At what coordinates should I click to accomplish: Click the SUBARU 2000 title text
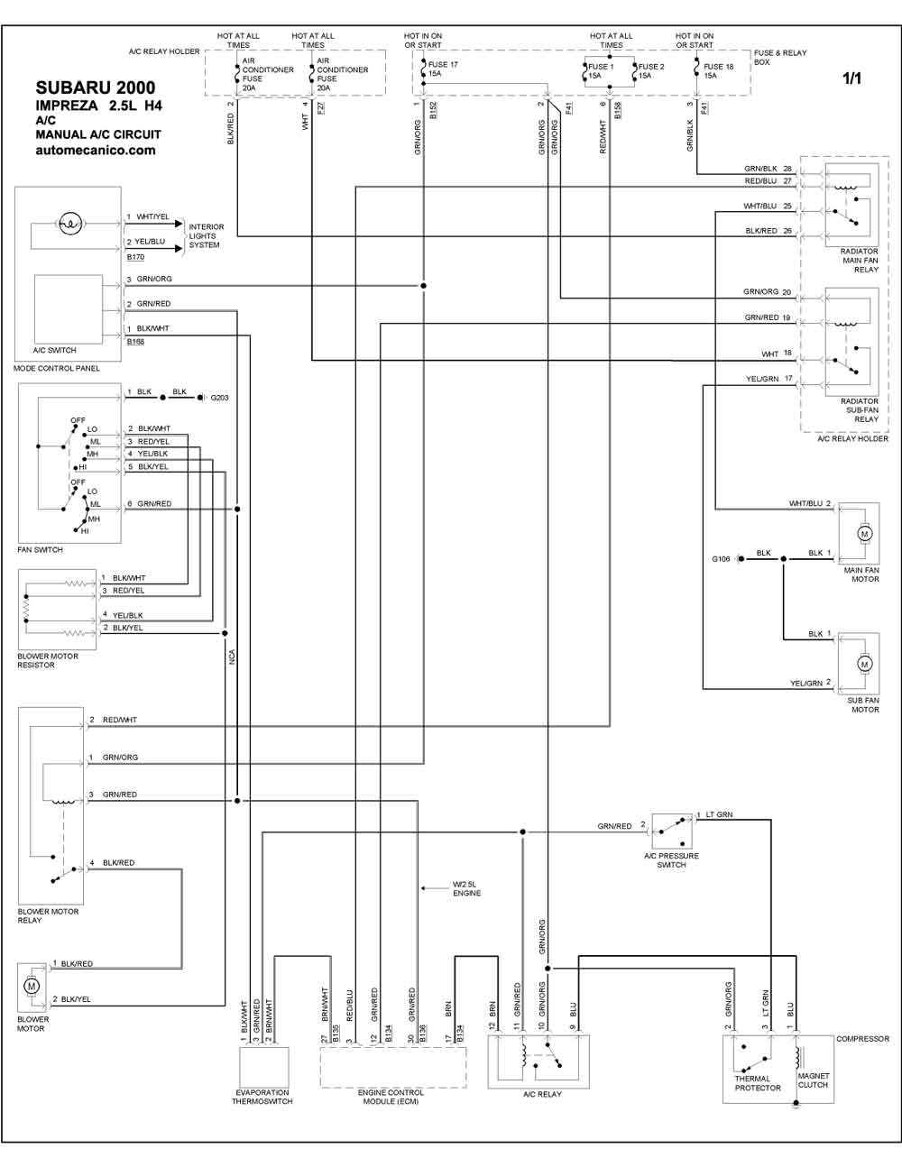coord(96,87)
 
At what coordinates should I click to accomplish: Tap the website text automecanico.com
coord(96,151)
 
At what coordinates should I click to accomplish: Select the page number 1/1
coord(851,78)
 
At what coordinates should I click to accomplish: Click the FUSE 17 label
coord(443,64)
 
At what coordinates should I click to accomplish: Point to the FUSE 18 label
coord(718,67)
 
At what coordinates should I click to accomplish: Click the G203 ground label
coord(219,398)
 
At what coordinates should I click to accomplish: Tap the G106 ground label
coord(721,559)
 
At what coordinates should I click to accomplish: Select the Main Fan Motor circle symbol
coord(864,534)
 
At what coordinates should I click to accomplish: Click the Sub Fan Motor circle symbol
coord(864,665)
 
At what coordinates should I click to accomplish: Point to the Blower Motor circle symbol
coord(32,986)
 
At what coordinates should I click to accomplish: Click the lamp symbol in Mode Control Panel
coord(70,224)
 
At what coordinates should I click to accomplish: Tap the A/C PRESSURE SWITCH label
coord(671,860)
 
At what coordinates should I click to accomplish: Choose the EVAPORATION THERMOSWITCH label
coord(262,1097)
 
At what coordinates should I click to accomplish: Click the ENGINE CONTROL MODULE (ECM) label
coord(391,1097)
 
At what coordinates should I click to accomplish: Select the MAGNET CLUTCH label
coord(814,1080)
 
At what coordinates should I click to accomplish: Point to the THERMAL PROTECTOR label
coord(758,1083)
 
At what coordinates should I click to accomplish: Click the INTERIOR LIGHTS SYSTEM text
coord(207,235)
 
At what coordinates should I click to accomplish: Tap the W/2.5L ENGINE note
coord(466,888)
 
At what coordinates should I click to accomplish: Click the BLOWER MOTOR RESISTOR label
coord(48,660)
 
